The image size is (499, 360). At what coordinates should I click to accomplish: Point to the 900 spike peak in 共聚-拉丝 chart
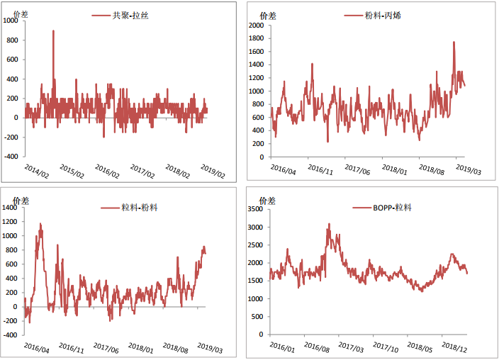pyautogui.click(x=54, y=30)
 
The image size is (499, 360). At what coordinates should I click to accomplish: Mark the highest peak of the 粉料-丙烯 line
pyautogui.click(x=454, y=42)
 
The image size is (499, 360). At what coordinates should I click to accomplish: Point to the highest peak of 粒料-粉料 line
pyautogui.click(x=40, y=224)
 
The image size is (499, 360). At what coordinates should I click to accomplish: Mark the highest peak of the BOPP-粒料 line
pyautogui.click(x=329, y=224)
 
